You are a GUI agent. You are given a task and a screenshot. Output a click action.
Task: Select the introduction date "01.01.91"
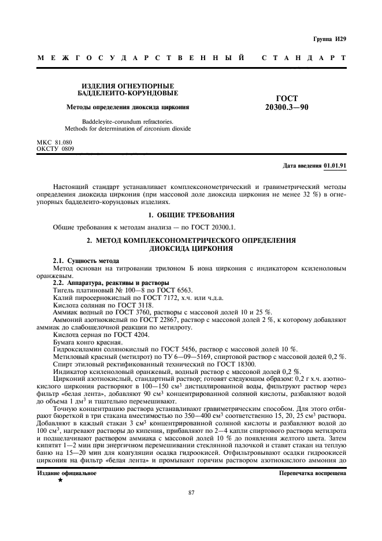pyautogui.click(x=335, y=165)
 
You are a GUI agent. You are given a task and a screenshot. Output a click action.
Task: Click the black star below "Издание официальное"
pyautogui.click(x=60, y=480)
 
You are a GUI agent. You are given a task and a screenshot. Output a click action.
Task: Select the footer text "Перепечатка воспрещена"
pyautogui.click(x=312, y=472)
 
